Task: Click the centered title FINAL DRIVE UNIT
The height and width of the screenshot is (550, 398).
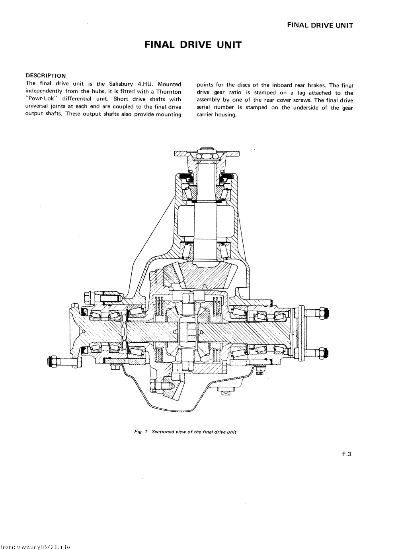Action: coord(193,45)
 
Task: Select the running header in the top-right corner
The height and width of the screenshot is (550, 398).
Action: coord(320,26)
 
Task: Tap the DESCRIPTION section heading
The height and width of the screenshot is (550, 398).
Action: coord(46,75)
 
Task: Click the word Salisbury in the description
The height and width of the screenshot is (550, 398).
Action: coord(121,84)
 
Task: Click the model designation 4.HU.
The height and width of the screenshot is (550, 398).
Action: coord(148,84)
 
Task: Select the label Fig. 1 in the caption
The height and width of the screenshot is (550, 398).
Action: coord(140,432)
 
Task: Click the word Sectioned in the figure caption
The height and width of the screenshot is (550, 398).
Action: coord(163,432)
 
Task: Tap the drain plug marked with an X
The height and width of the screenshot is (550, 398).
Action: coord(226,394)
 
